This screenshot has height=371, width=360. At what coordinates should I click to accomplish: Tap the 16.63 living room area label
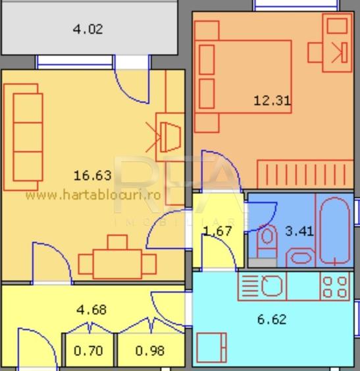point(92,175)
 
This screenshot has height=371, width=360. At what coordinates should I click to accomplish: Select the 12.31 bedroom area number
point(272,101)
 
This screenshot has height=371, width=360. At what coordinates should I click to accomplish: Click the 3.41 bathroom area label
point(298,231)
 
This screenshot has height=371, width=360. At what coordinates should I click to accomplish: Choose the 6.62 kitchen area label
point(272,320)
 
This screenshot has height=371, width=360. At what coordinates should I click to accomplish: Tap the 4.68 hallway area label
point(91,309)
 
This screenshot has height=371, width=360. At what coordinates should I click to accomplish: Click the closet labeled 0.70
point(88,351)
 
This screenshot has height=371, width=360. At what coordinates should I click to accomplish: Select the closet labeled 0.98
point(150,351)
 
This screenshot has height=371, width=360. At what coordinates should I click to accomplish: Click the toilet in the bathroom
point(267,240)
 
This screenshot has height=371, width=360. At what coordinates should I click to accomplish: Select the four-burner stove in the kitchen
point(334,286)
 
